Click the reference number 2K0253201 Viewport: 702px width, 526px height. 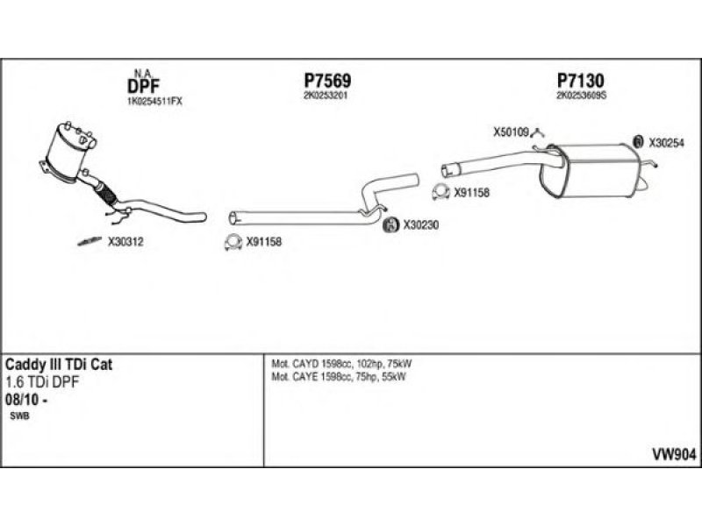324,96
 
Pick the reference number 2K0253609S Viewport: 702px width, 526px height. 582,96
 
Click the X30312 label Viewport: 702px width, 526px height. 125,243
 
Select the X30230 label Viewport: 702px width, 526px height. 420,225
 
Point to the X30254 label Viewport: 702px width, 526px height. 666,141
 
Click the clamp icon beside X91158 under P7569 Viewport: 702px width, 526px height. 233,243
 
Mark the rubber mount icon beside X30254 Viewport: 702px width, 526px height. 639,140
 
